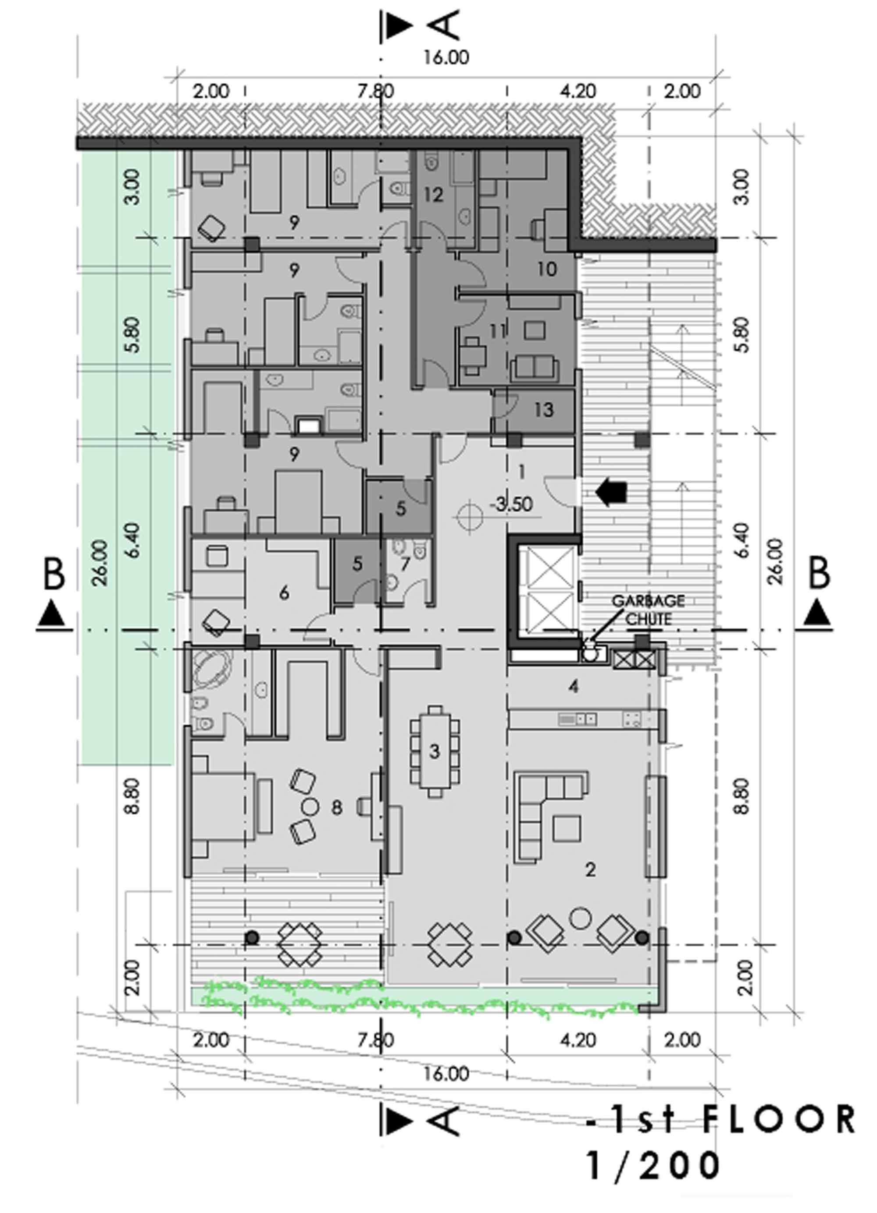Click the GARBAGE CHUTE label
(648, 610)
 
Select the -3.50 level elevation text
(512, 504)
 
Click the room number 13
(544, 410)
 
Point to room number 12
(433, 195)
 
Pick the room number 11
(497, 332)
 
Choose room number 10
(546, 269)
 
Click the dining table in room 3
(435, 752)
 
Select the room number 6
(284, 592)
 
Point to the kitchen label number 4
(574, 687)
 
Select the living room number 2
(590, 869)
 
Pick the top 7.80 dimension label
(376, 91)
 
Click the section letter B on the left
(53, 575)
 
